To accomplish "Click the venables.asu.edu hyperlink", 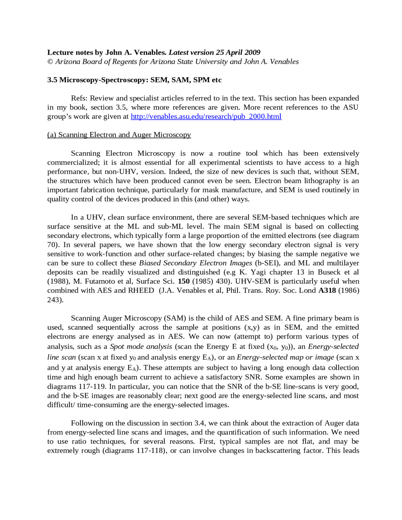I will pos(206,116).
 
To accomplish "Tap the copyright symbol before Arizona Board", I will pos(50,62).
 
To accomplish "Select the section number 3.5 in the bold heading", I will pos(52,80).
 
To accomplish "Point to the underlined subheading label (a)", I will pos(52,135).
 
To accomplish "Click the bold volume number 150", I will pos(184,281).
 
